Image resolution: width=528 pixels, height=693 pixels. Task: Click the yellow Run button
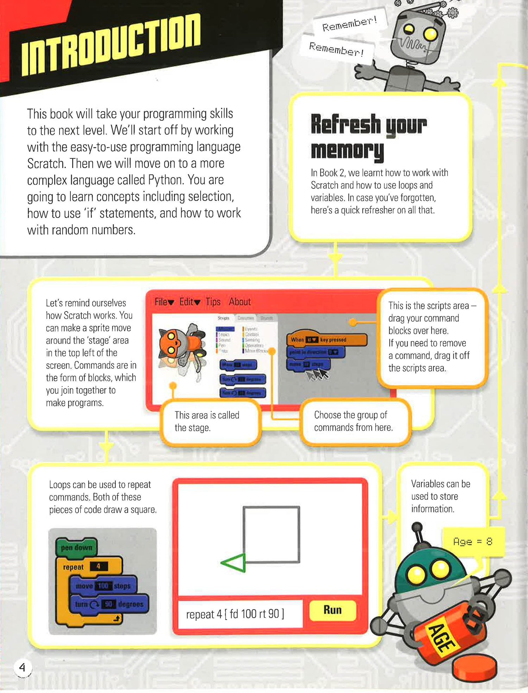(x=332, y=610)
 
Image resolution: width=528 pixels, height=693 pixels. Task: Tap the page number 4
(x=23, y=667)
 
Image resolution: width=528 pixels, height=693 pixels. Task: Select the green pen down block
(x=76, y=548)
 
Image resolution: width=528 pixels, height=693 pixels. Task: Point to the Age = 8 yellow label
(x=473, y=542)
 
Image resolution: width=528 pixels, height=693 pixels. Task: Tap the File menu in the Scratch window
(x=164, y=302)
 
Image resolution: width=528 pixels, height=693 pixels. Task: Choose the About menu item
(x=240, y=302)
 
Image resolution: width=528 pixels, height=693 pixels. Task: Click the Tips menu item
(x=213, y=302)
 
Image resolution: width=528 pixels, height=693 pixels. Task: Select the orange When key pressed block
(x=326, y=340)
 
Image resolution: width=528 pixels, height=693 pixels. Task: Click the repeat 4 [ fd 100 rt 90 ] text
(x=235, y=614)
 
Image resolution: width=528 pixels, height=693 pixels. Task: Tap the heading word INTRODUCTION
(x=111, y=45)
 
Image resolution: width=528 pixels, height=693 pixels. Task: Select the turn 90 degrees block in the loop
(x=109, y=604)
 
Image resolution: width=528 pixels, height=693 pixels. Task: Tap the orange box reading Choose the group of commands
(x=354, y=421)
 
